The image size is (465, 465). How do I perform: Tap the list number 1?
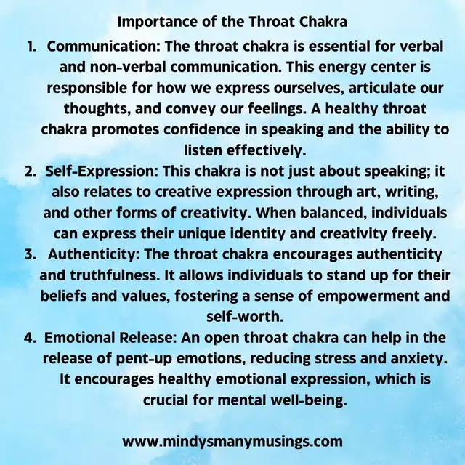pos(32,46)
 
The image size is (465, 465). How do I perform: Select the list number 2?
pos(31,171)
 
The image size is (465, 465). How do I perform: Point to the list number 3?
pos(31,255)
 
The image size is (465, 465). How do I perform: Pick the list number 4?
pos(31,338)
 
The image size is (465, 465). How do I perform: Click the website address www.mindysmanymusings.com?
pos(232,441)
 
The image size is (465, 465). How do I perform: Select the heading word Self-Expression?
pos(102,172)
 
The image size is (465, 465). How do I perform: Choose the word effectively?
pos(266,150)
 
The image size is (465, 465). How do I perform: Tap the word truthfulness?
pos(115,275)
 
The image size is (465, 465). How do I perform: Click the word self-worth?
pos(245,317)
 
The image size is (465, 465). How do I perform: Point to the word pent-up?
pos(144,359)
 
